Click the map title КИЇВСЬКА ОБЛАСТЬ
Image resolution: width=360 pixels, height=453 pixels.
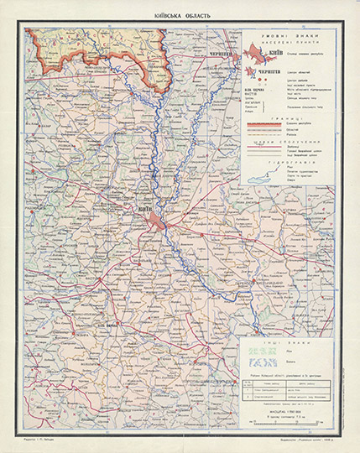coord(179,16)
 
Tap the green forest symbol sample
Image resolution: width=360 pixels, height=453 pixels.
coord(252,351)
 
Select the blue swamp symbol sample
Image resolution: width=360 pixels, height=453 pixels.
coord(252,362)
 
